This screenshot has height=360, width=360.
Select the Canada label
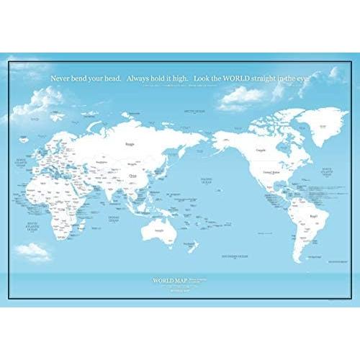point(260,150)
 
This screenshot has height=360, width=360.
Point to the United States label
point(271,173)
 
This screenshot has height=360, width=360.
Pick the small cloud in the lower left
point(33,251)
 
